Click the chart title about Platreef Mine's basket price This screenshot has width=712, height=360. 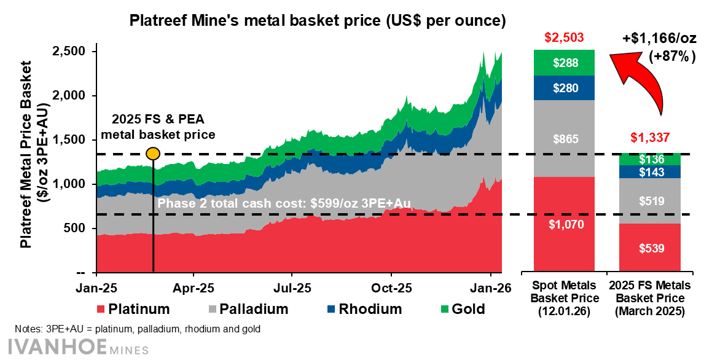click(x=317, y=22)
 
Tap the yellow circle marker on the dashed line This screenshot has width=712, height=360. click(x=153, y=154)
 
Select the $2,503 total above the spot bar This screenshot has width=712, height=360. click(x=563, y=37)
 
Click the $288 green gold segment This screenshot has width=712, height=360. click(x=564, y=63)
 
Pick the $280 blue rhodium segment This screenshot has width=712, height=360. click(x=564, y=88)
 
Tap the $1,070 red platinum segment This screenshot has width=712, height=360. click(x=564, y=224)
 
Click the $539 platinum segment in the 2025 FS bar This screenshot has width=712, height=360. click(x=649, y=248)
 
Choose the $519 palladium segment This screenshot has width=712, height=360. click(x=649, y=200)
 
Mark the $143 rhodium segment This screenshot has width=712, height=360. click(x=649, y=173)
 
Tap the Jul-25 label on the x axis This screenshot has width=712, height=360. click(x=292, y=287)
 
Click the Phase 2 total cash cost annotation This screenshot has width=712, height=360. click(x=284, y=203)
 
